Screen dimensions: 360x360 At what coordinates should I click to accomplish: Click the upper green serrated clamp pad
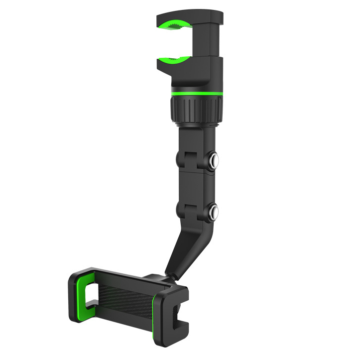click(175, 24)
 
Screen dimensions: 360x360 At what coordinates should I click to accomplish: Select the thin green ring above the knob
click(195, 93)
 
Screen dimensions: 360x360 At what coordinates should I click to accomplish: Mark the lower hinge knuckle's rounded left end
click(180, 210)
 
